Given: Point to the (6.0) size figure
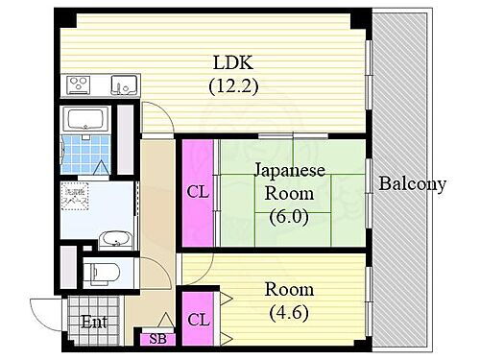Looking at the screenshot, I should click(x=290, y=216).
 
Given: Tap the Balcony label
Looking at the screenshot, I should click(x=412, y=184).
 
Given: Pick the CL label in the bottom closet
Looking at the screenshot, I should click(x=198, y=319).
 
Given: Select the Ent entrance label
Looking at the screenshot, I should click(x=92, y=321).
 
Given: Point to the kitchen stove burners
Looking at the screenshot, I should click(x=80, y=85).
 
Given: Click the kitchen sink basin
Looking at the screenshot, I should click(x=123, y=84).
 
